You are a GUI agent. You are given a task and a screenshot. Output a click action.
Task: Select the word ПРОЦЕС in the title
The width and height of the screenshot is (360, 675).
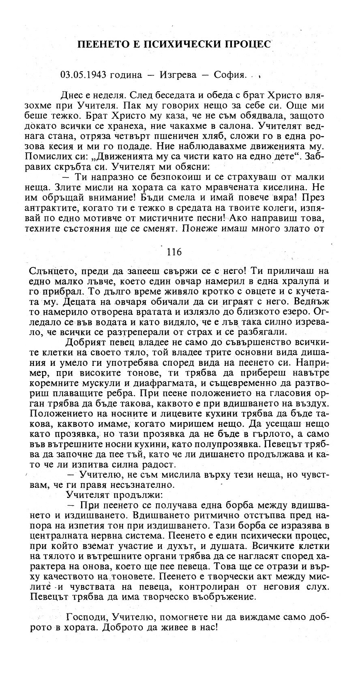pos(248,44)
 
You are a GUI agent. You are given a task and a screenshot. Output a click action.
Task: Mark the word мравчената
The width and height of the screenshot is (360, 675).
pos(253,188)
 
